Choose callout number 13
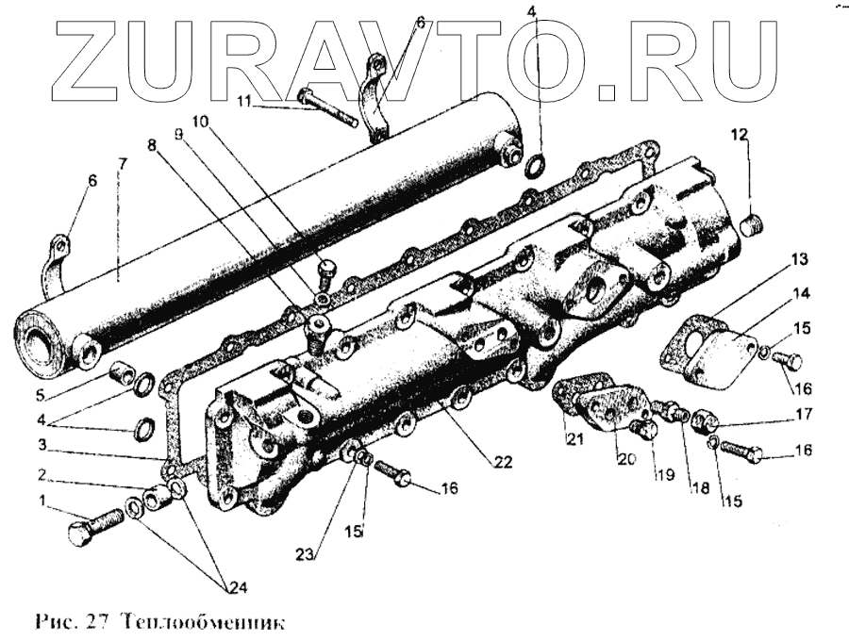click(800, 258)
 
